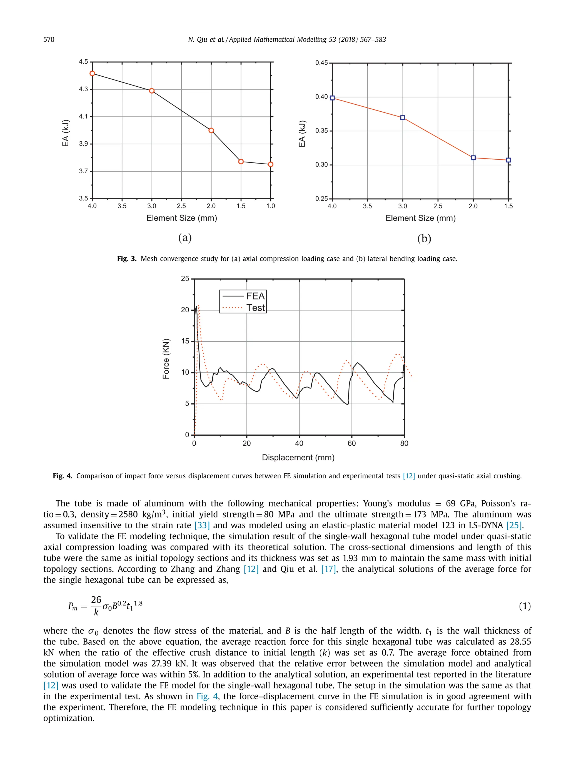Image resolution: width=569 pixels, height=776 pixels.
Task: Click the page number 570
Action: [49, 40]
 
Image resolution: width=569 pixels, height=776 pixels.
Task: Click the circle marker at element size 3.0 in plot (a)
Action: [151, 91]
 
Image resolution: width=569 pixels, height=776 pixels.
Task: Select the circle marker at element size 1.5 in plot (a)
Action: [241, 161]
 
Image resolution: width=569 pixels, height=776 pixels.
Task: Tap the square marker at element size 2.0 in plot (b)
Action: [473, 158]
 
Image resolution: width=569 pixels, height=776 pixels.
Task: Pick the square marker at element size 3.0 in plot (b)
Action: [403, 118]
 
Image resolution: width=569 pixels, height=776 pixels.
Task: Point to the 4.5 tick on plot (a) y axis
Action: [83, 62]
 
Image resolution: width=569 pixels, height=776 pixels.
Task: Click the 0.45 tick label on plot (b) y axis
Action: [321, 63]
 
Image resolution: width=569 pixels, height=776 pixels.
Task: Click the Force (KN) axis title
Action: [166, 359]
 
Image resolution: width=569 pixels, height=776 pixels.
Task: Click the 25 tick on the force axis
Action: [185, 279]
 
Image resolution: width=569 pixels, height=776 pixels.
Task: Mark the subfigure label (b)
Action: [424, 238]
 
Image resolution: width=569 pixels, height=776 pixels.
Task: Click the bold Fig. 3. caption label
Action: [127, 259]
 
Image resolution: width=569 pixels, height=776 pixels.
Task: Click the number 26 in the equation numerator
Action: [96, 599]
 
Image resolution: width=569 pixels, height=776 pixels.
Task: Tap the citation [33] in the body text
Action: [202, 526]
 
